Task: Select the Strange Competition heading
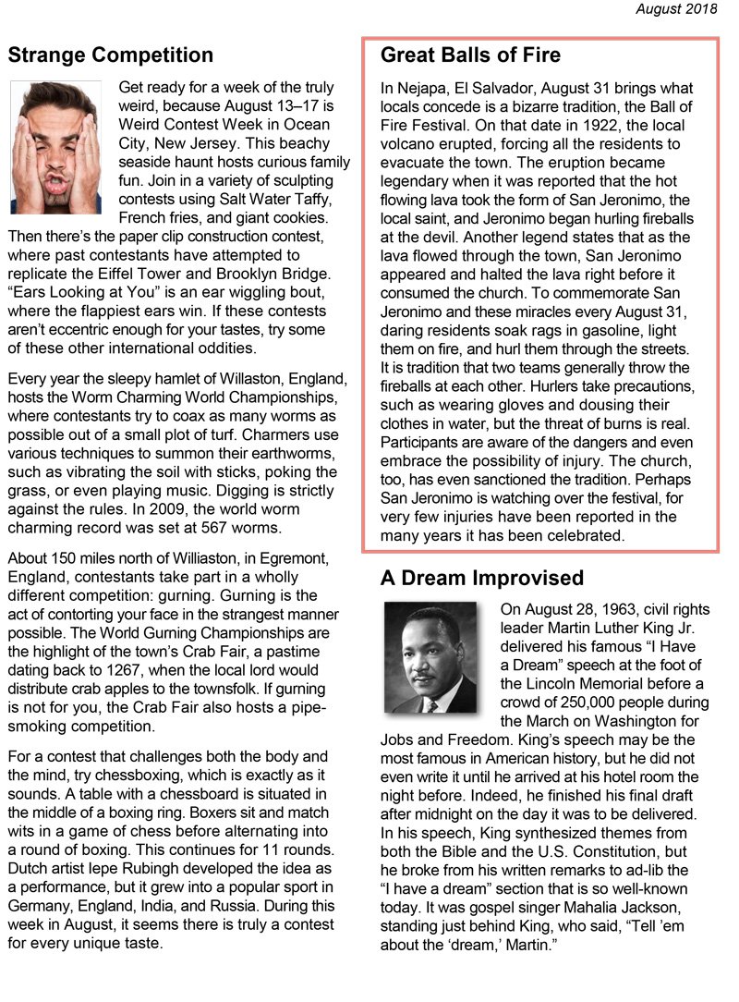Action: (110, 55)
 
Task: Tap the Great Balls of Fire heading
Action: (470, 55)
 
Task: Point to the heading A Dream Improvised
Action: (481, 579)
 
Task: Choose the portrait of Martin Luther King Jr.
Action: (430, 657)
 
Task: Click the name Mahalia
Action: (591, 907)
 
